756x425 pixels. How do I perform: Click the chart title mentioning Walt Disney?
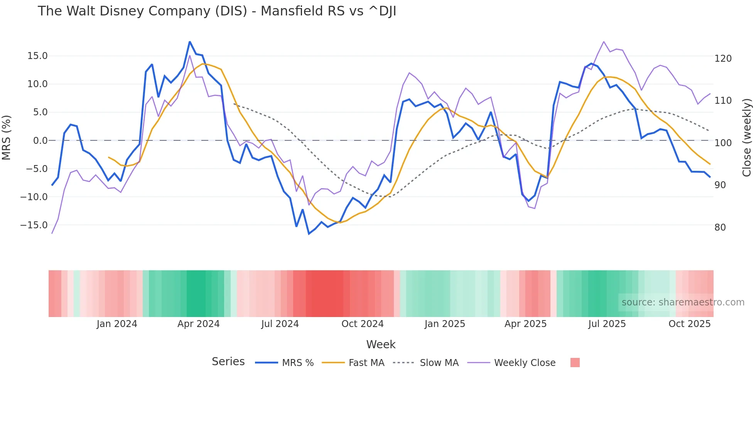pyautogui.click(x=217, y=11)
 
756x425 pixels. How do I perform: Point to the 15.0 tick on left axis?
pyautogui.click(x=37, y=56)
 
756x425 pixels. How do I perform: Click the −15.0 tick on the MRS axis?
pyautogui.click(x=34, y=225)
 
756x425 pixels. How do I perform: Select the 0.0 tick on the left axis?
pyautogui.click(x=40, y=140)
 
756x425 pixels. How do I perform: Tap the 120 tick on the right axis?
pyautogui.click(x=723, y=59)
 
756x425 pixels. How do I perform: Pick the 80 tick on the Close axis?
pyautogui.click(x=720, y=228)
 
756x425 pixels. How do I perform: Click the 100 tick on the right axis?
pyautogui.click(x=723, y=143)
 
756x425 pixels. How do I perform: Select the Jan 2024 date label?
pyautogui.click(x=117, y=324)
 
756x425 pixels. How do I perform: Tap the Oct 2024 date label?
pyautogui.click(x=363, y=324)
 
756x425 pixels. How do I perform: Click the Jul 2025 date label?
pyautogui.click(x=607, y=324)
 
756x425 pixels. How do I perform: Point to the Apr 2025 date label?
pyautogui.click(x=525, y=324)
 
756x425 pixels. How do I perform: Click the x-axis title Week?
pyautogui.click(x=381, y=344)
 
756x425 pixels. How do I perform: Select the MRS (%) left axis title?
pyautogui.click(x=7, y=138)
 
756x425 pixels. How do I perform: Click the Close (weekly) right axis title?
pyautogui.click(x=747, y=138)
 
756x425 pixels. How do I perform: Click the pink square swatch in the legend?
pyautogui.click(x=575, y=363)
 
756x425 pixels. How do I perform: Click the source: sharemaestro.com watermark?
pyautogui.click(x=683, y=302)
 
